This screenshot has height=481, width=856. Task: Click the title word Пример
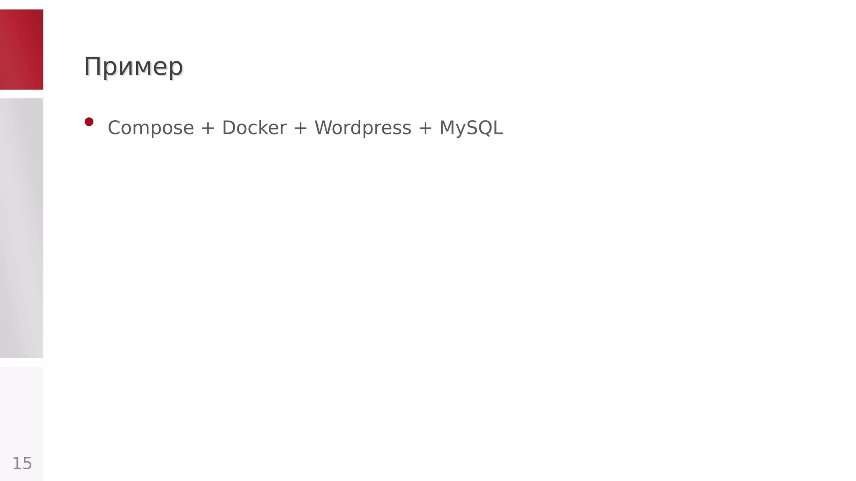133,67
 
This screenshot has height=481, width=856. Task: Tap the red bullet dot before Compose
89,122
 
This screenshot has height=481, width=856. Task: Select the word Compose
151,128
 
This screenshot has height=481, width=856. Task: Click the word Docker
254,128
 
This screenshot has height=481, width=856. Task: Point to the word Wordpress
363,128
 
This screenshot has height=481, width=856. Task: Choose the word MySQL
471,128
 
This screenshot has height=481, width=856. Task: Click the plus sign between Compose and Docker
208,128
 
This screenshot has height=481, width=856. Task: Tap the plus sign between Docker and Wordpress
301,128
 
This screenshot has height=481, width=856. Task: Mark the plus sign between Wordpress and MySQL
425,128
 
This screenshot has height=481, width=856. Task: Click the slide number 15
22,463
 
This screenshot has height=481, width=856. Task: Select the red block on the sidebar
21,49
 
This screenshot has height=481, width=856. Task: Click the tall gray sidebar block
21,228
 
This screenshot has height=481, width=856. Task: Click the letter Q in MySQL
485,128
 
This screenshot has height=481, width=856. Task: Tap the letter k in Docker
267,128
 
